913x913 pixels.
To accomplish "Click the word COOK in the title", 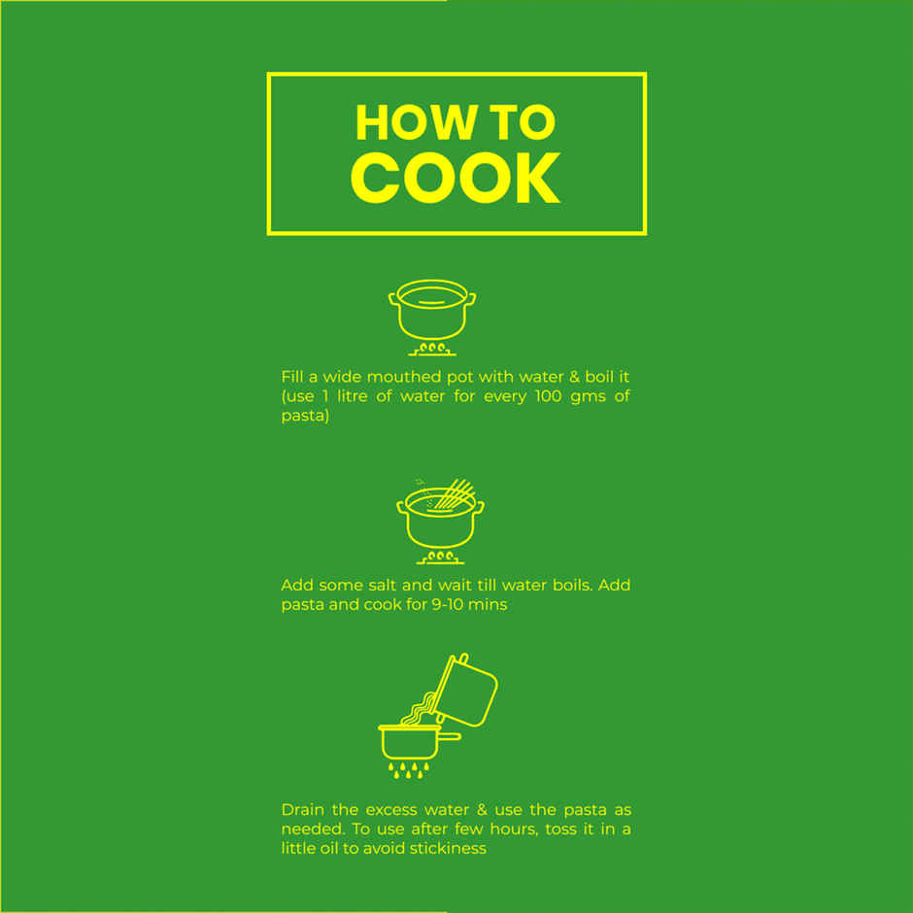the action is point(455,178).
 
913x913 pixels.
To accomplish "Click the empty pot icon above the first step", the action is point(432,310).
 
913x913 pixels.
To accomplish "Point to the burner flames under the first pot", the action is point(432,349).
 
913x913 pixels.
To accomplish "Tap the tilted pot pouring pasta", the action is point(466,690).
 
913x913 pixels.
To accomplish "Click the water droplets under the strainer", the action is point(409,770).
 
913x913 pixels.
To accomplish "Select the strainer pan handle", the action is point(449,736).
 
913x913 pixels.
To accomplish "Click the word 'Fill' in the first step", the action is point(291,377).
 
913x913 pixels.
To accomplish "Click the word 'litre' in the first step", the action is point(353,396).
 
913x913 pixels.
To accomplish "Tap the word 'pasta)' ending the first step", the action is point(305,416).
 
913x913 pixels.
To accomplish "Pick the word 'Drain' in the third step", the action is point(303,810).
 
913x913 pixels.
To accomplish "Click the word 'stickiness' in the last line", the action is point(448,848).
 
